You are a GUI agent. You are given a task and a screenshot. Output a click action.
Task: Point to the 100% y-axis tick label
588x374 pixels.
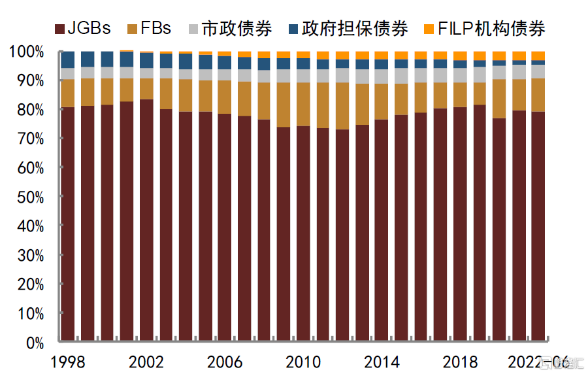[26, 52]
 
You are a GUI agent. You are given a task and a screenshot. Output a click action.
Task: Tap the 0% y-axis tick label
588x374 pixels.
[33, 343]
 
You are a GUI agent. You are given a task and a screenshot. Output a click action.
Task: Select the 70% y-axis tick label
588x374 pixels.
[29, 139]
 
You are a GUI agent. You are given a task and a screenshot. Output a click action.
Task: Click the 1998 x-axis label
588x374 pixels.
[67, 362]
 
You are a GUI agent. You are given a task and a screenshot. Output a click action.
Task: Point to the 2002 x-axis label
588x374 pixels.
[146, 362]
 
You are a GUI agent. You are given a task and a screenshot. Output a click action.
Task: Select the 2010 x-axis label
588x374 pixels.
[302, 362]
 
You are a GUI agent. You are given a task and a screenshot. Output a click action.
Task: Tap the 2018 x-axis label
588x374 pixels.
[459, 362]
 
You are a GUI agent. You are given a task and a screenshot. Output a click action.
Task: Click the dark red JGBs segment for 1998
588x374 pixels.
[67, 222]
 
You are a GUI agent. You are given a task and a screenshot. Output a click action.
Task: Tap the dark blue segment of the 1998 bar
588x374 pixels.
[67, 59]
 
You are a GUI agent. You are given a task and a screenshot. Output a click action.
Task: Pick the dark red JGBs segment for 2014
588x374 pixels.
[382, 229]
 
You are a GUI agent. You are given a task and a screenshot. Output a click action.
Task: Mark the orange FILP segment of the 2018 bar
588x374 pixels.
[460, 56]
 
